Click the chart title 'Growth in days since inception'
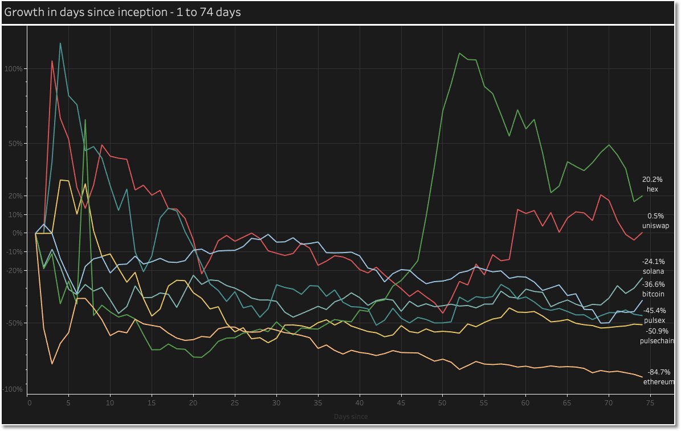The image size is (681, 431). pyautogui.click(x=123, y=12)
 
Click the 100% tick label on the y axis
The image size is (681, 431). pyautogui.click(x=14, y=69)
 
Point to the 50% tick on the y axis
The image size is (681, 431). pyautogui.click(x=15, y=143)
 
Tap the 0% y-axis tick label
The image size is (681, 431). pyautogui.click(x=17, y=233)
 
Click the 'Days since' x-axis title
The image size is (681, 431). pyautogui.click(x=351, y=417)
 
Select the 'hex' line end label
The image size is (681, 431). pyautogui.click(x=652, y=189)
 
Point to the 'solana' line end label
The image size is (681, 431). pyautogui.click(x=654, y=271)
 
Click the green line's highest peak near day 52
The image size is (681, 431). pyautogui.click(x=459, y=53)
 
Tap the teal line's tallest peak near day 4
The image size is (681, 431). pyautogui.click(x=60, y=43)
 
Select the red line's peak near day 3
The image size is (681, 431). pyautogui.click(x=52, y=60)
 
